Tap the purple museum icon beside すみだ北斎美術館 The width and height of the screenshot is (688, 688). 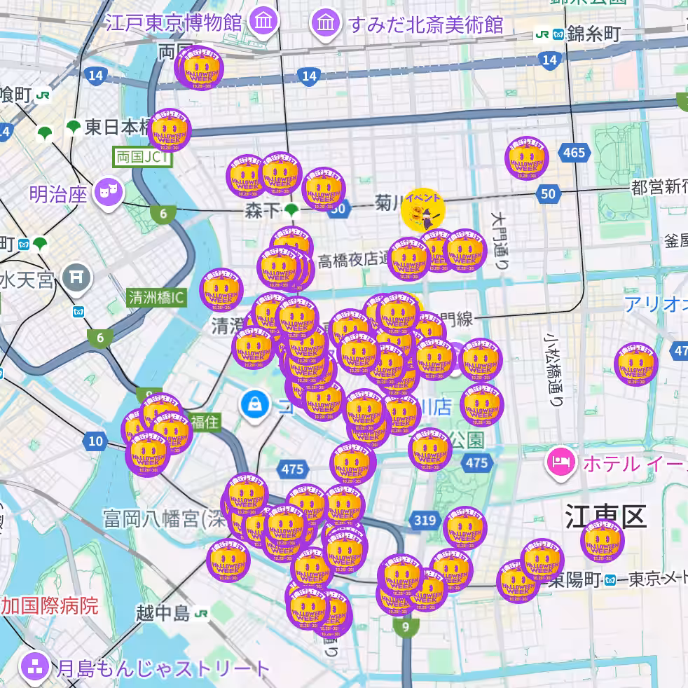[326, 23]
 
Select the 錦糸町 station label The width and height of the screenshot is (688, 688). [594, 34]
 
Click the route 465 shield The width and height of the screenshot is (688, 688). [573, 153]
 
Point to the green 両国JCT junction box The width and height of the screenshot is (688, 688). [142, 157]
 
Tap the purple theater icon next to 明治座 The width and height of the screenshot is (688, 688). [109, 191]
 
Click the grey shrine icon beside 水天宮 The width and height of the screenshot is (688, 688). [76, 277]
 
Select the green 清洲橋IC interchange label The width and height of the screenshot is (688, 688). [156, 298]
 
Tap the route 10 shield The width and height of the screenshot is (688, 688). [95, 441]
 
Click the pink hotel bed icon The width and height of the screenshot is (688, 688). [560, 462]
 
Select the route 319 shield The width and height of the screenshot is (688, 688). [425, 520]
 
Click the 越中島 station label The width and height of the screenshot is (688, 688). [163, 614]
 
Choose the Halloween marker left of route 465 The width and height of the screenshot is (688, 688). [527, 158]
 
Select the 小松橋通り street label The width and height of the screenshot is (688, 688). [554, 368]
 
